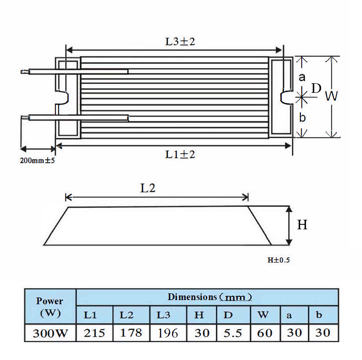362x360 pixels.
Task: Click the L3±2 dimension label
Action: point(180,42)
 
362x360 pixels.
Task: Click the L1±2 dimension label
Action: point(180,154)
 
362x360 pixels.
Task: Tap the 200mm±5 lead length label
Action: point(37,160)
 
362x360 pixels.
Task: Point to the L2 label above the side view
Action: point(148,188)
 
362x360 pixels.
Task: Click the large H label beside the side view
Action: point(302,225)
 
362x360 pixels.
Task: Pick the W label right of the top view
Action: point(331,97)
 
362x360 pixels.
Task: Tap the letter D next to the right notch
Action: point(316,88)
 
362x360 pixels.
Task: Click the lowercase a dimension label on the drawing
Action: point(302,77)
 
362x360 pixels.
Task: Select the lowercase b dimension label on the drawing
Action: point(302,117)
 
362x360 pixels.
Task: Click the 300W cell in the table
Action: point(50,333)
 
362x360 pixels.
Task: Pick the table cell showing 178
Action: point(131,333)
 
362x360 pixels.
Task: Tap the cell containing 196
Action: point(168,333)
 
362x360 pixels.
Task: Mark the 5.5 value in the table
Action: point(232,333)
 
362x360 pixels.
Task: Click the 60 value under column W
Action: point(265,333)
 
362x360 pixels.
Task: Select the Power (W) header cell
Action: point(50,306)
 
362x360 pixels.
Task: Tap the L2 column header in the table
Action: point(126,315)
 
